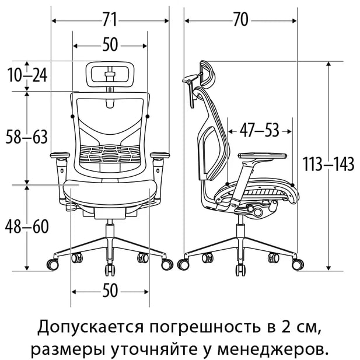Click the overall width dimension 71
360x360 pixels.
click(x=110, y=20)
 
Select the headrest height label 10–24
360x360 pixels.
click(x=27, y=75)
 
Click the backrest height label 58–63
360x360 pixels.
click(x=26, y=137)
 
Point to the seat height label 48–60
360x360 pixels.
click(x=27, y=226)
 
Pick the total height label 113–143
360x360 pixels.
click(x=328, y=164)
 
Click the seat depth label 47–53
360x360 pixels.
click(x=260, y=131)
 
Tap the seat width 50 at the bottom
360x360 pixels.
click(x=110, y=291)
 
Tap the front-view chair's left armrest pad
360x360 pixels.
click(x=60, y=155)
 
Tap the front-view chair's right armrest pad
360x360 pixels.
click(x=160, y=155)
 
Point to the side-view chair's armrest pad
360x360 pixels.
click(x=263, y=155)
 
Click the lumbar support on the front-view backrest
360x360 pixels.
click(x=110, y=153)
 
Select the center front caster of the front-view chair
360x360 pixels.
click(x=110, y=270)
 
